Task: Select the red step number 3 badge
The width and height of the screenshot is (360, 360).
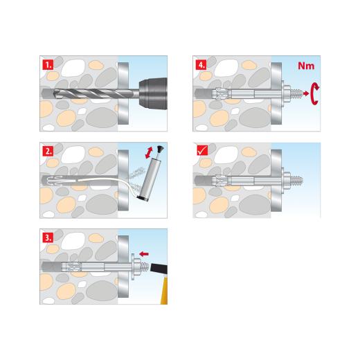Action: pos(46,237)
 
